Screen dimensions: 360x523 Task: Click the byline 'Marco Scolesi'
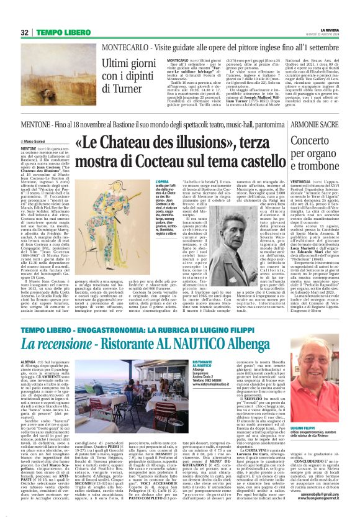click(37, 142)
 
